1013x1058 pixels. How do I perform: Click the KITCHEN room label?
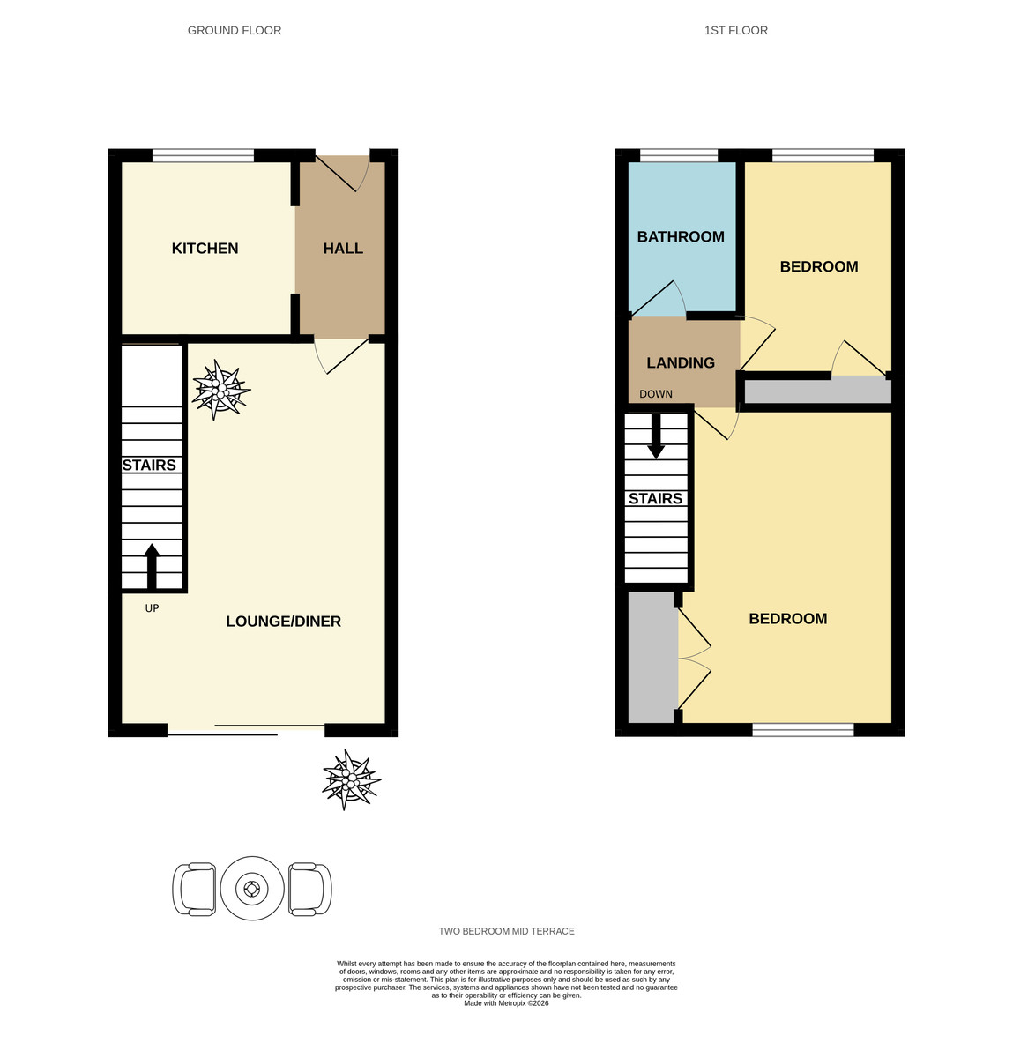point(205,249)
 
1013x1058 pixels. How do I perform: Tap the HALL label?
point(343,249)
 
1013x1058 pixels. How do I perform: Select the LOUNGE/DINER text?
point(283,622)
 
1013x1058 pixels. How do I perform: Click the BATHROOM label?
point(681,237)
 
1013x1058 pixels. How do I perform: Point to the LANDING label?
point(681,362)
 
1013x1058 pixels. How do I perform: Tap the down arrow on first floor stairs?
point(656,437)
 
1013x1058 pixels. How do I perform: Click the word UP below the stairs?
point(152,608)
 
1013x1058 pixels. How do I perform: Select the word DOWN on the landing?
point(656,394)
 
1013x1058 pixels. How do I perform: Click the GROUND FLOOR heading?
point(235,31)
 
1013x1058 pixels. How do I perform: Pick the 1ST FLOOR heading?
point(735,31)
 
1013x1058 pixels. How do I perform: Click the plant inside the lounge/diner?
point(221,389)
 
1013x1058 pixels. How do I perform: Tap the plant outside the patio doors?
point(351,780)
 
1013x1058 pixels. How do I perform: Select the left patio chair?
point(194,889)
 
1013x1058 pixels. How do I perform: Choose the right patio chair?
point(309,889)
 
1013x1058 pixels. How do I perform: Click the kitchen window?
point(204,156)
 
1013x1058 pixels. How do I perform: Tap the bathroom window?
point(679,156)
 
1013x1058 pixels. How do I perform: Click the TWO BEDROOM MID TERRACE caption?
point(506,931)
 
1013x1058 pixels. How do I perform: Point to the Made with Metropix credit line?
point(506,1003)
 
